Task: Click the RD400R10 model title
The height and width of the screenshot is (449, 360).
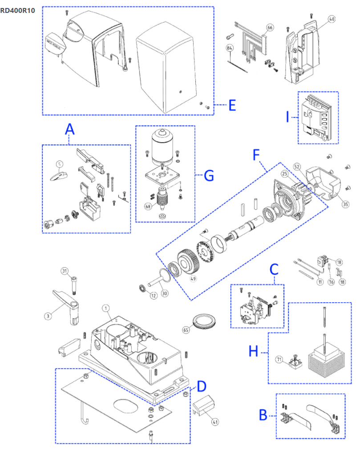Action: pyautogui.click(x=18, y=10)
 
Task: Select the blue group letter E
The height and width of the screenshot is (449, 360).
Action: pyautogui.click(x=232, y=105)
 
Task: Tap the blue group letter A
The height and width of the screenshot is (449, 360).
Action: pyautogui.click(x=70, y=129)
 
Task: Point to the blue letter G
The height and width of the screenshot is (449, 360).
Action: pyautogui.click(x=209, y=176)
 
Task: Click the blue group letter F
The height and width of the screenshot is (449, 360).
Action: pyautogui.click(x=256, y=155)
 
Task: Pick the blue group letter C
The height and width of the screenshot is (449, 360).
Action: pyautogui.click(x=274, y=269)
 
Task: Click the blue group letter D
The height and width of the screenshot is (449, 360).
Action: pyautogui.click(x=202, y=386)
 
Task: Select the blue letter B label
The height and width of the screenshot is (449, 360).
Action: pyautogui.click(x=263, y=415)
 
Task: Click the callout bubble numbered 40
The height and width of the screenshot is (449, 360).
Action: pyautogui.click(x=332, y=19)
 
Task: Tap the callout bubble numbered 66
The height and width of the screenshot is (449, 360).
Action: pyautogui.click(x=270, y=28)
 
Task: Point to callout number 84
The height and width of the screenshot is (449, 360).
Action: pyautogui.click(x=230, y=48)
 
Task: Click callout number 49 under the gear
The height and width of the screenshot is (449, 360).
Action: pyautogui.click(x=193, y=279)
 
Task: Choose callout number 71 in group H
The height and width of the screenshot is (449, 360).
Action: pyautogui.click(x=279, y=359)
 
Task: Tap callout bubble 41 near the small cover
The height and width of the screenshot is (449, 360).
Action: pyautogui.click(x=203, y=422)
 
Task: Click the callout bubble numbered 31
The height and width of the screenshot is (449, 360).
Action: pyautogui.click(x=65, y=271)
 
